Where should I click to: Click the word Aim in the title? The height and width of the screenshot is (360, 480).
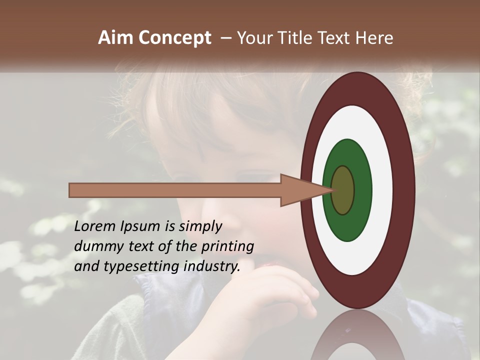[116, 38]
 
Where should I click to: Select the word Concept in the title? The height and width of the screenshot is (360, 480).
[174, 38]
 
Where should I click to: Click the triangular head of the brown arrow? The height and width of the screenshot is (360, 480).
[300, 190]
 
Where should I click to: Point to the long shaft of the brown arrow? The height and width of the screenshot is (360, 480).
[175, 190]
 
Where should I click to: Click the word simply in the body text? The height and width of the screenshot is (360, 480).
[200, 226]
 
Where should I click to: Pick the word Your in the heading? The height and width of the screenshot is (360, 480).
[253, 38]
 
